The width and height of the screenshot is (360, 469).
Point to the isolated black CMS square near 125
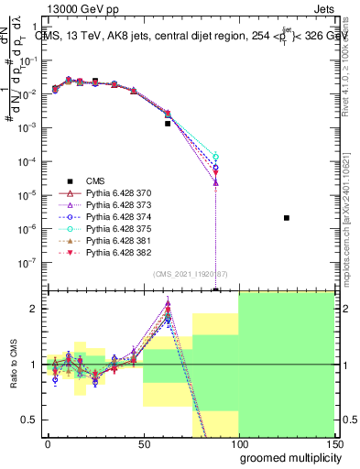[287, 217]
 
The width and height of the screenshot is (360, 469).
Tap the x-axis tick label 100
[238, 442]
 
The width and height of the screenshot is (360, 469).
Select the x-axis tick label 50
[143, 442]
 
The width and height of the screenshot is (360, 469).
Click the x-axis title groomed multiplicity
[286, 456]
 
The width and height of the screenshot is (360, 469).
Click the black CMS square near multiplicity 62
[168, 123]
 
